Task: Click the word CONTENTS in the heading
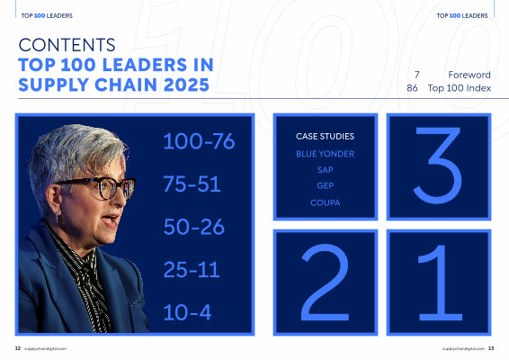coord(67,45)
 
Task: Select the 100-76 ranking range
coord(199,141)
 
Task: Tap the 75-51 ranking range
coord(192,184)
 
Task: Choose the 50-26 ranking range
coord(193,227)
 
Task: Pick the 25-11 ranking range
coord(192,269)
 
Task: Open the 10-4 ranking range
coord(187,312)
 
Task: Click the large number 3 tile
coord(439,166)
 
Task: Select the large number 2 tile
coord(326,282)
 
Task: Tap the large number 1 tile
coord(439,282)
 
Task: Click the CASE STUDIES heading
coord(325,136)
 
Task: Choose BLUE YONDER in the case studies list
coord(325,154)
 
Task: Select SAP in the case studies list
coord(326,169)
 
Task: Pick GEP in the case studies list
coord(326,185)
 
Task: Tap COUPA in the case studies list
coord(326,202)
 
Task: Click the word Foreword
coord(469,75)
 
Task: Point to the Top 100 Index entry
coord(460,88)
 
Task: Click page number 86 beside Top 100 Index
coord(412,88)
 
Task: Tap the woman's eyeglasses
coord(97,188)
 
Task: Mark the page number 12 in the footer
coord(18,348)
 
